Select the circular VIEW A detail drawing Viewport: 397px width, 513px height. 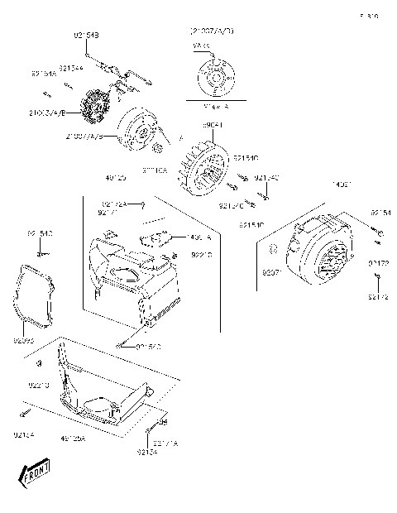(x=213, y=77)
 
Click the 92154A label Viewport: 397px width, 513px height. (x=45, y=74)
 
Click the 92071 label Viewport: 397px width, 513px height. (x=273, y=271)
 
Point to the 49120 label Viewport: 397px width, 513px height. (x=116, y=178)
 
